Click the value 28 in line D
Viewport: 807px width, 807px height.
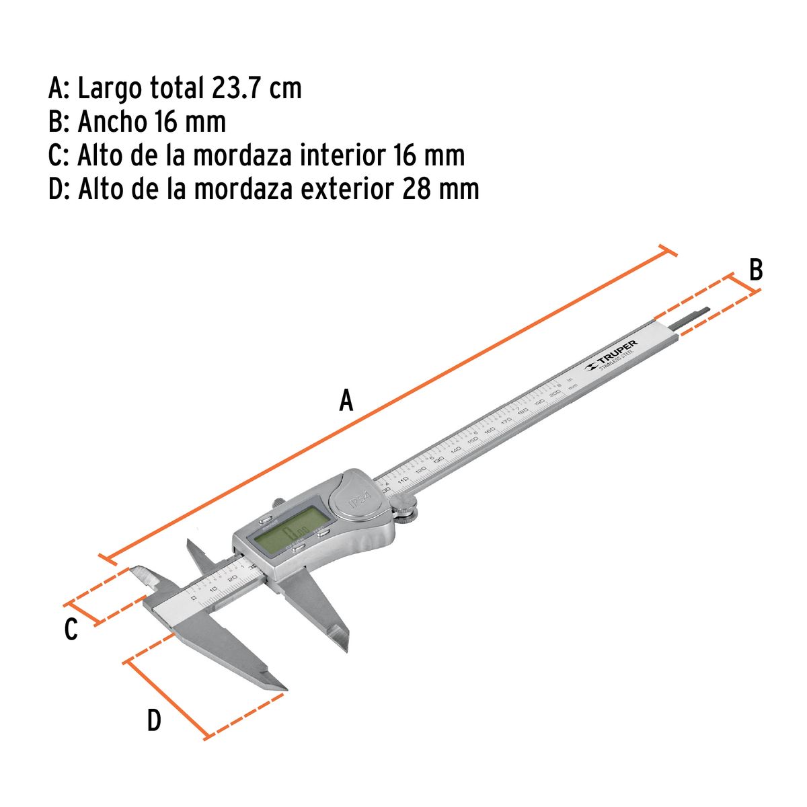417,189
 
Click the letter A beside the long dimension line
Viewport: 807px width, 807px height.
346,401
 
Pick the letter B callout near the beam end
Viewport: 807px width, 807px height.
756,270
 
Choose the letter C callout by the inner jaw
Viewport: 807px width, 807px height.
71,630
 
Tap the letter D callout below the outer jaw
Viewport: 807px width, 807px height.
154,721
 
